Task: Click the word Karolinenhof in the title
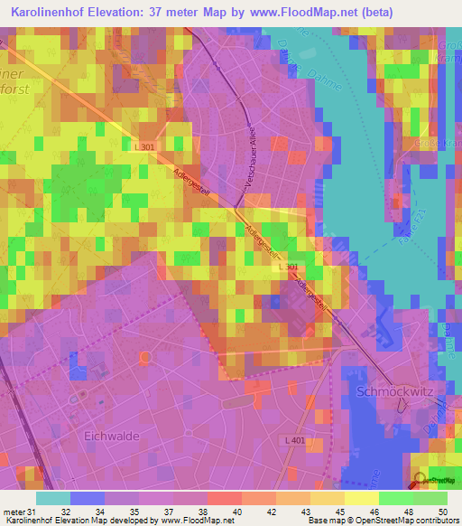coord(52,14)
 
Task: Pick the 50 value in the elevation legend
coord(442,511)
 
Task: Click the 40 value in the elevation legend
coord(236,511)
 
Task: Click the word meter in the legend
coord(13,511)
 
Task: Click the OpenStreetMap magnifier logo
coord(419,479)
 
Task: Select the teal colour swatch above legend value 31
coord(52,498)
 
